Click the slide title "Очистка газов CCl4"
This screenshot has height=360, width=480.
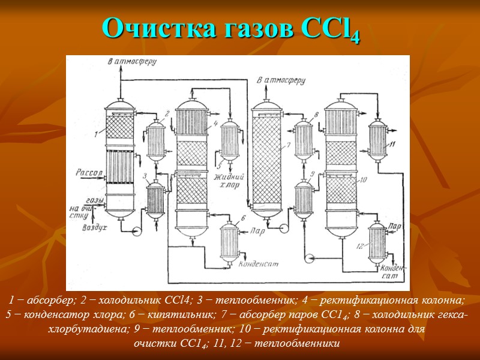(x=231, y=28)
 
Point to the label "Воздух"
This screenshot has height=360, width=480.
(x=86, y=228)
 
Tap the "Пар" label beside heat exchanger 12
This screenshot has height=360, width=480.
(x=394, y=226)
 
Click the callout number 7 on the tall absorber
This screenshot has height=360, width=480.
(x=288, y=145)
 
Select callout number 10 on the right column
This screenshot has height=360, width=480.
(x=363, y=179)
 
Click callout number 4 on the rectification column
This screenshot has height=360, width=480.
(x=214, y=126)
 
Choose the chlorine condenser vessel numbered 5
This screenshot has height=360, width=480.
(x=229, y=140)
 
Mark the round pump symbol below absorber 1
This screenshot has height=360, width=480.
(x=136, y=229)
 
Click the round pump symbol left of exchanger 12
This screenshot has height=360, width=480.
(x=310, y=257)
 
